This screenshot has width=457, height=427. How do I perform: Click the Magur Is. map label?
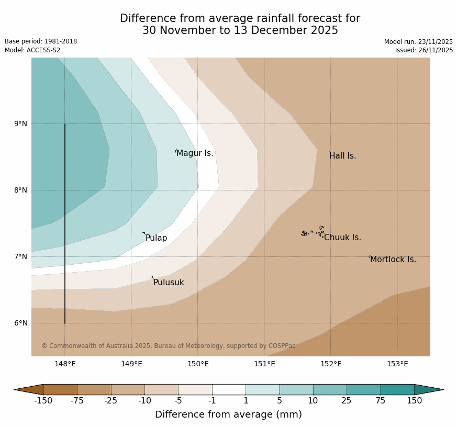[x=195, y=153]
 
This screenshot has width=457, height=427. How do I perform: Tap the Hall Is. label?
[x=343, y=156]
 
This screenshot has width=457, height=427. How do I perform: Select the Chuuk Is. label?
[x=342, y=238]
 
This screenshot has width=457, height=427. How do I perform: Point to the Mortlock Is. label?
[x=393, y=260]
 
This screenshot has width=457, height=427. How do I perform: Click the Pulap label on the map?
[x=156, y=238]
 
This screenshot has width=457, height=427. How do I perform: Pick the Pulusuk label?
[x=169, y=283]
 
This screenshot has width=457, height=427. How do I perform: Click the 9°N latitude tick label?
[x=21, y=124]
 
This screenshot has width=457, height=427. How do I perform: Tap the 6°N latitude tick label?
[x=21, y=323]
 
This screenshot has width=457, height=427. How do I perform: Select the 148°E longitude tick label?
[x=65, y=364]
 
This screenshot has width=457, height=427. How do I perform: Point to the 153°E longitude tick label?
[x=397, y=364]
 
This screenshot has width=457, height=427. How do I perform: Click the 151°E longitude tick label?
[x=264, y=364]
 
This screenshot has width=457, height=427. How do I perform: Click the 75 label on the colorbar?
[x=381, y=401]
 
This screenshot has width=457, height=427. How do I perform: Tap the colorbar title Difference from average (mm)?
[x=228, y=414]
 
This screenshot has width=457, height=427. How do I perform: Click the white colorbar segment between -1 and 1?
[x=229, y=389]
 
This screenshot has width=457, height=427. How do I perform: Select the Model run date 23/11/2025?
[x=418, y=42]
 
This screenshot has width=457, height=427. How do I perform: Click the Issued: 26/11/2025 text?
[x=424, y=50]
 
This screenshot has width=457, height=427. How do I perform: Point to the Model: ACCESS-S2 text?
[x=32, y=50]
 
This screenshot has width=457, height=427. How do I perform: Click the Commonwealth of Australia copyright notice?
[x=169, y=346]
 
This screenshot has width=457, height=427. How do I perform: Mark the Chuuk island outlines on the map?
[x=313, y=232]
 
